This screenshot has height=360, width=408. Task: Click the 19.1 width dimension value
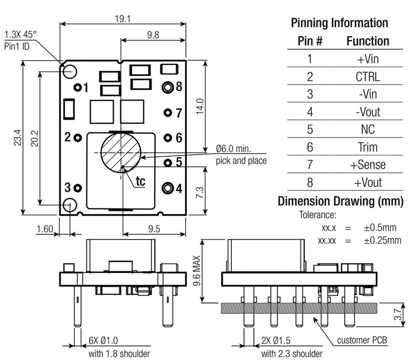point(123,19)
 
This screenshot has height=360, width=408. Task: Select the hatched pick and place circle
point(121,153)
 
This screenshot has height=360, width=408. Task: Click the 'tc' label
point(140,181)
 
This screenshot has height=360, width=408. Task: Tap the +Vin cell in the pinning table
point(367,59)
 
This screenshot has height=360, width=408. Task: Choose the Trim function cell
point(367,147)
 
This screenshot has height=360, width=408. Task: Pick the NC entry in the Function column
point(367,130)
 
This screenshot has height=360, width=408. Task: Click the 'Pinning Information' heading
point(339,23)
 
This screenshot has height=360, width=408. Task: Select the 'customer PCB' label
point(362,340)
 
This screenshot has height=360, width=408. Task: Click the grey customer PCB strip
point(299,308)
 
